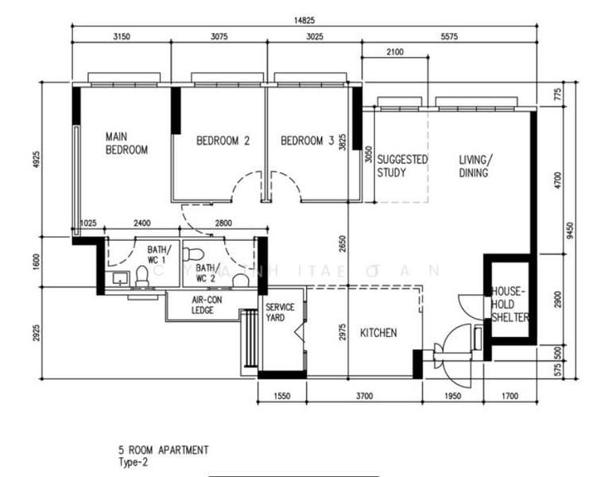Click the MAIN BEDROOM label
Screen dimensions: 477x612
126,143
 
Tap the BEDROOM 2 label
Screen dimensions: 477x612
223,141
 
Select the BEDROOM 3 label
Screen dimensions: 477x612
308,141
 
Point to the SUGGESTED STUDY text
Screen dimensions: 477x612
402,165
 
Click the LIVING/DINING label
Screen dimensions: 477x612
475,165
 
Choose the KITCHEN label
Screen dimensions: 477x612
378,332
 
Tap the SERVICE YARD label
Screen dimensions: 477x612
280,312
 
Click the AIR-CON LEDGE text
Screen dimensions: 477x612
207,305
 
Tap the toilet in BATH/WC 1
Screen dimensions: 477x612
141,277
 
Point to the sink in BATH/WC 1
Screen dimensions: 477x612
119,278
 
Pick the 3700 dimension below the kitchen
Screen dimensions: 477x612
363,395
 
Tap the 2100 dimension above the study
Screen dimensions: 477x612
394,52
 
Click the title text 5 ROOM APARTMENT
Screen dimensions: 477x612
163,450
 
